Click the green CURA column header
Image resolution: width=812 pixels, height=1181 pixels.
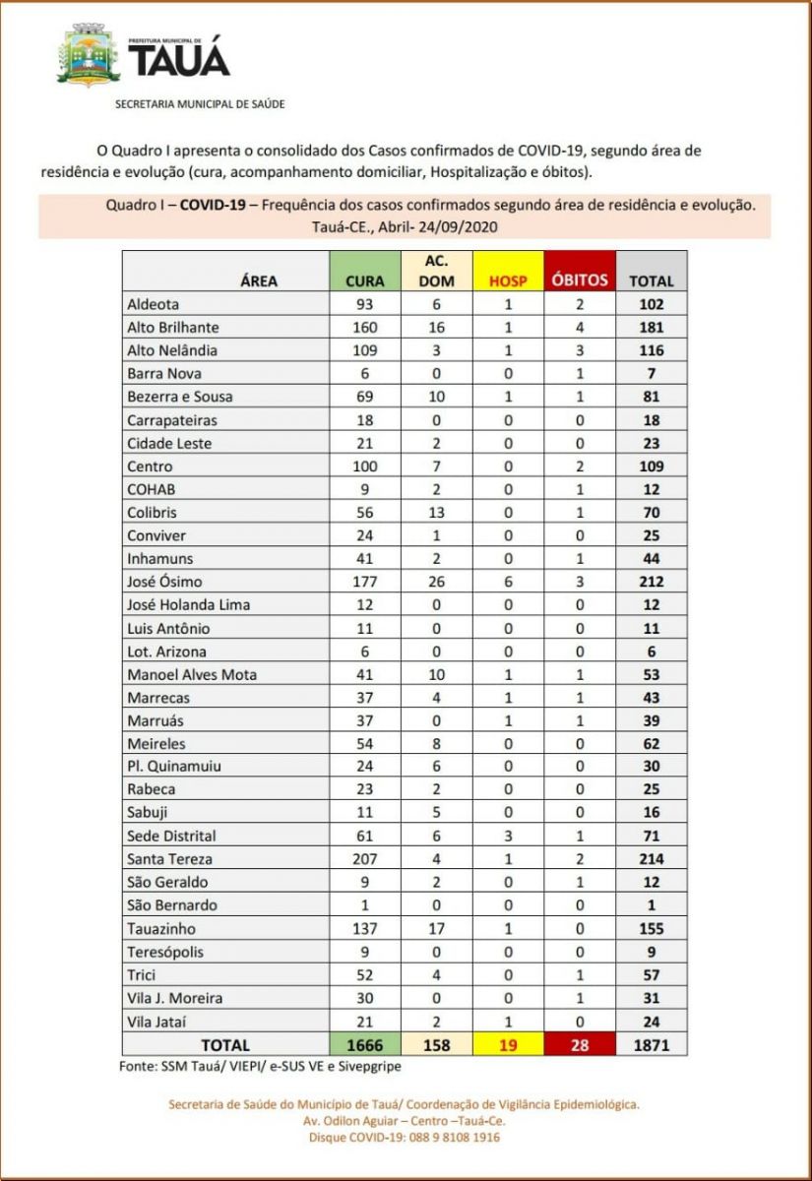(365, 271)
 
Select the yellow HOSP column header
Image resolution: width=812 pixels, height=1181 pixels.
(508, 271)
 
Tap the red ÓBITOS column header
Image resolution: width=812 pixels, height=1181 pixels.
(580, 271)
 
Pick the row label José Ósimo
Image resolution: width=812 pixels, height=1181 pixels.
(164, 582)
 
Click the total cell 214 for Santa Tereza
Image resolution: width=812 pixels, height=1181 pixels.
(652, 859)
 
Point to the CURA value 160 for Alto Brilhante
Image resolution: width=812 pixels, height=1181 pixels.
(365, 328)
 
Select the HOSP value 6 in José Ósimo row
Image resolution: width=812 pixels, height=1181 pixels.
(508, 582)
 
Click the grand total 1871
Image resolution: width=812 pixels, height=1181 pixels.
(652, 1044)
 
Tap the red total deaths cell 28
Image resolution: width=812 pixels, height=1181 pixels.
(580, 1044)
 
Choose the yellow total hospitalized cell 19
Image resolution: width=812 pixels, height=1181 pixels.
(508, 1044)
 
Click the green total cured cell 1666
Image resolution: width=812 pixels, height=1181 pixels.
(365, 1044)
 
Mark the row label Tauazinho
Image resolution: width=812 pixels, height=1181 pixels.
(161, 928)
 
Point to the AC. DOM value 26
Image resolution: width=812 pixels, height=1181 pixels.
(436, 582)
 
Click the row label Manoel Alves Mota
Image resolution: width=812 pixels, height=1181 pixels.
(192, 674)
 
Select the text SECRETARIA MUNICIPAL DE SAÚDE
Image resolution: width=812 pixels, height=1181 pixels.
(200, 103)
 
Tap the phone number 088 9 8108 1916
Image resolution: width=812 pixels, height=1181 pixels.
(448, 1138)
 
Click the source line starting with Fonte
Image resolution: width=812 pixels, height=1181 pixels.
(253, 1065)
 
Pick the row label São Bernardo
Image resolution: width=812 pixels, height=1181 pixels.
(172, 905)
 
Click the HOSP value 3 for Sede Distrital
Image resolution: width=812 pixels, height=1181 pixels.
(508, 836)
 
